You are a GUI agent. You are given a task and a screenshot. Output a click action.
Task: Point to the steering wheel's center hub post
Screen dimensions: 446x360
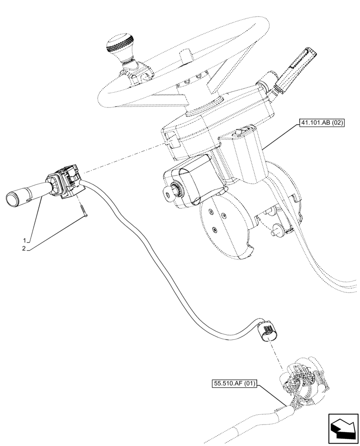pyautogui.click(x=185, y=58)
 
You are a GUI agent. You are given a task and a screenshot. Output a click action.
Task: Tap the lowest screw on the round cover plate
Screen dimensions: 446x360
pyautogui.click(x=214, y=230)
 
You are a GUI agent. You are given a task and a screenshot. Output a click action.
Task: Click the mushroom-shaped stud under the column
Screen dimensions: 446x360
pyautogui.click(x=275, y=231)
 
